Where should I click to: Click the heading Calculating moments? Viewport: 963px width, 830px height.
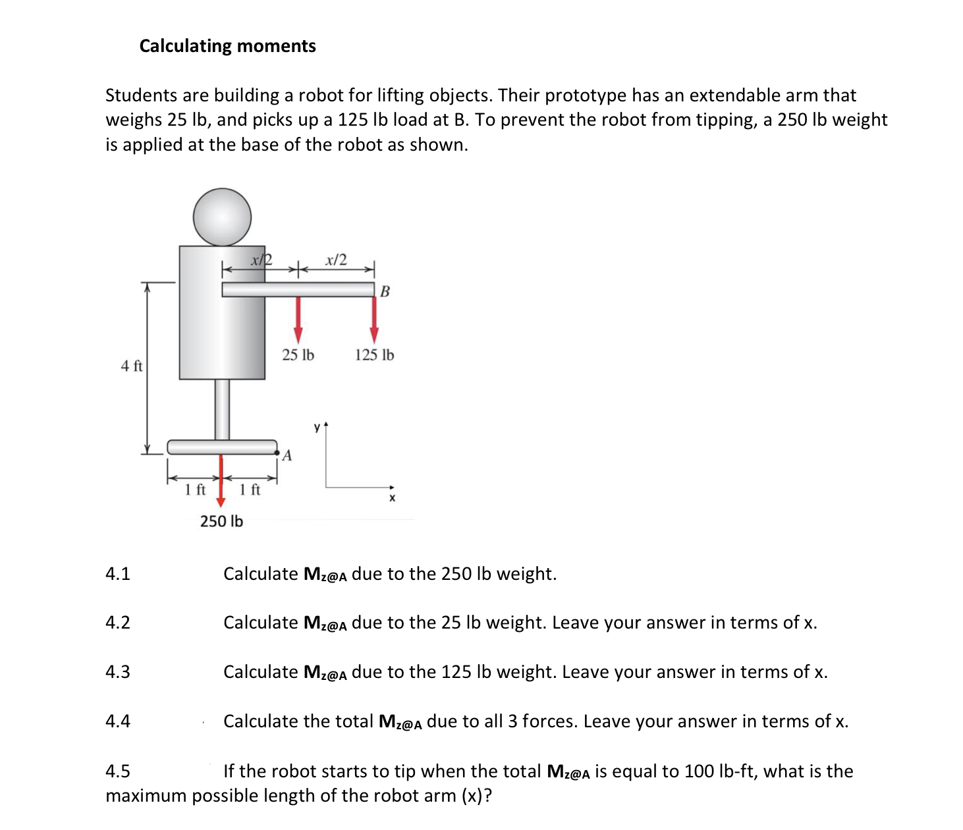pyautogui.click(x=227, y=46)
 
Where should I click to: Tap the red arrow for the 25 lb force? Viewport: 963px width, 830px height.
pyautogui.click(x=298, y=320)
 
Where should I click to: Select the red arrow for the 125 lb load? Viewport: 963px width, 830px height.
pyautogui.click(x=374, y=320)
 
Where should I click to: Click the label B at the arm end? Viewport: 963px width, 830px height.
pyautogui.click(x=385, y=291)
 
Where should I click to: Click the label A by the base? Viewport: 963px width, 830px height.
pyautogui.click(x=287, y=455)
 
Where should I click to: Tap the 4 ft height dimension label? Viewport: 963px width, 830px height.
pyautogui.click(x=131, y=366)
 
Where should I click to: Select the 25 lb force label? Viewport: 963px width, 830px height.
pyautogui.click(x=298, y=355)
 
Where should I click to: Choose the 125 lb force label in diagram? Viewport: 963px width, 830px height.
pyautogui.click(x=374, y=355)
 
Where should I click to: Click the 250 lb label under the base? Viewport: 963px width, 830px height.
pyautogui.click(x=221, y=521)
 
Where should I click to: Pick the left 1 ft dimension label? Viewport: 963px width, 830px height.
pyautogui.click(x=195, y=490)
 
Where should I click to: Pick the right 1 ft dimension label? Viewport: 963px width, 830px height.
pyautogui.click(x=250, y=490)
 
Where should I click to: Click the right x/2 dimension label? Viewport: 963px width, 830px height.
pyautogui.click(x=336, y=260)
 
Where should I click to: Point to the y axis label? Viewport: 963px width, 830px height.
pyautogui.click(x=317, y=428)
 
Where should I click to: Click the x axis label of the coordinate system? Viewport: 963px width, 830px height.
pyautogui.click(x=392, y=498)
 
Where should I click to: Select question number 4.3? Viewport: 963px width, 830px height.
pyautogui.click(x=118, y=672)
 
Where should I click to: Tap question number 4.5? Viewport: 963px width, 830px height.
pyautogui.click(x=118, y=771)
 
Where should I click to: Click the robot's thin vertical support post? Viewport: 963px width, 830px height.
pyautogui.click(x=223, y=409)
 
